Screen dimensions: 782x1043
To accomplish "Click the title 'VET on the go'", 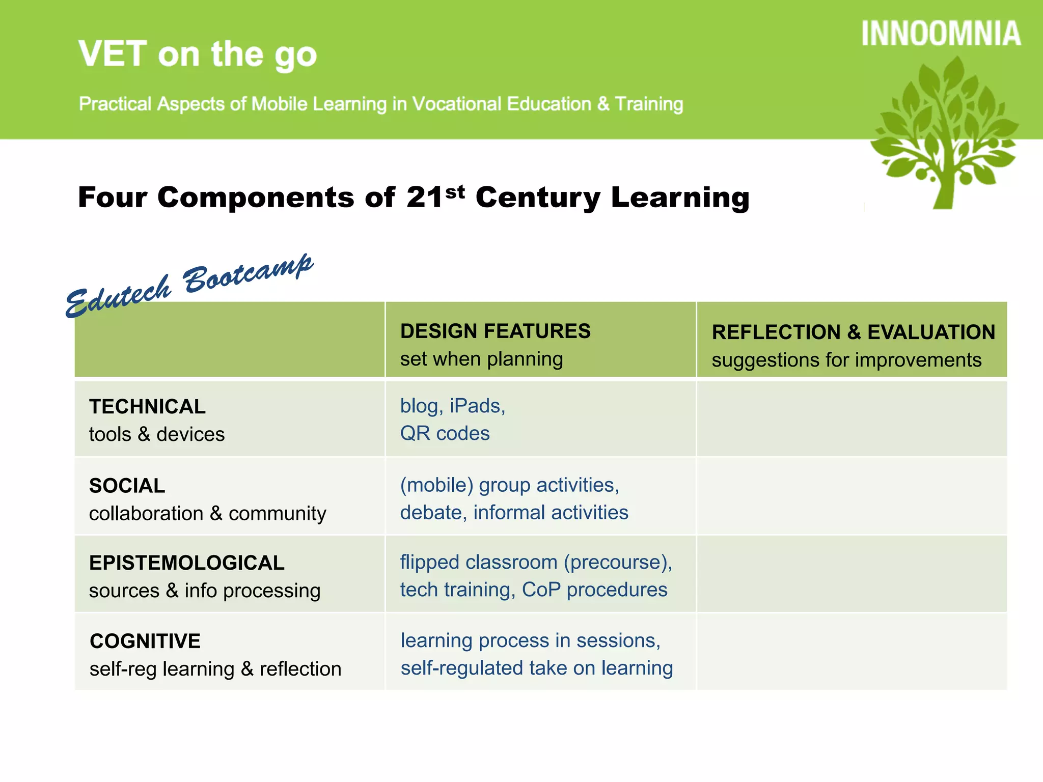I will pyautogui.click(x=198, y=54).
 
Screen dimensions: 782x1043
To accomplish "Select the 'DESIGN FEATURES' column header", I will pyautogui.click(x=495, y=331).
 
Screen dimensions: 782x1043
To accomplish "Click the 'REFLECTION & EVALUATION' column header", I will pyautogui.click(x=853, y=332).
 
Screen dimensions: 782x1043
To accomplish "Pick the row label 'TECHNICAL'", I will pyautogui.click(x=147, y=406).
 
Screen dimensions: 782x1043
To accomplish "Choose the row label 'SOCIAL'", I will pyautogui.click(x=127, y=486).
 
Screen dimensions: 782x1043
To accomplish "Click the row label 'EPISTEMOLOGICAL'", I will pyautogui.click(x=186, y=563).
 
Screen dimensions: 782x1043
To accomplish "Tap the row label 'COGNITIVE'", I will pyautogui.click(x=145, y=641).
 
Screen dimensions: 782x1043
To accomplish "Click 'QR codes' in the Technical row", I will pyautogui.click(x=445, y=433).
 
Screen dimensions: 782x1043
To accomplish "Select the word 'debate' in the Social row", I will pyautogui.click(x=430, y=512).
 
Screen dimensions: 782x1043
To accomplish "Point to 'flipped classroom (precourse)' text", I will pyautogui.click(x=536, y=562).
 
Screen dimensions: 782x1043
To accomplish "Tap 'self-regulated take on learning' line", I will pyautogui.click(x=536, y=668).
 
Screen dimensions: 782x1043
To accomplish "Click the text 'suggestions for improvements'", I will pyautogui.click(x=846, y=360).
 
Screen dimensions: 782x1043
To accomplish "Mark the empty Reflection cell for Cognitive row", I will pyautogui.click(x=852, y=652).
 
